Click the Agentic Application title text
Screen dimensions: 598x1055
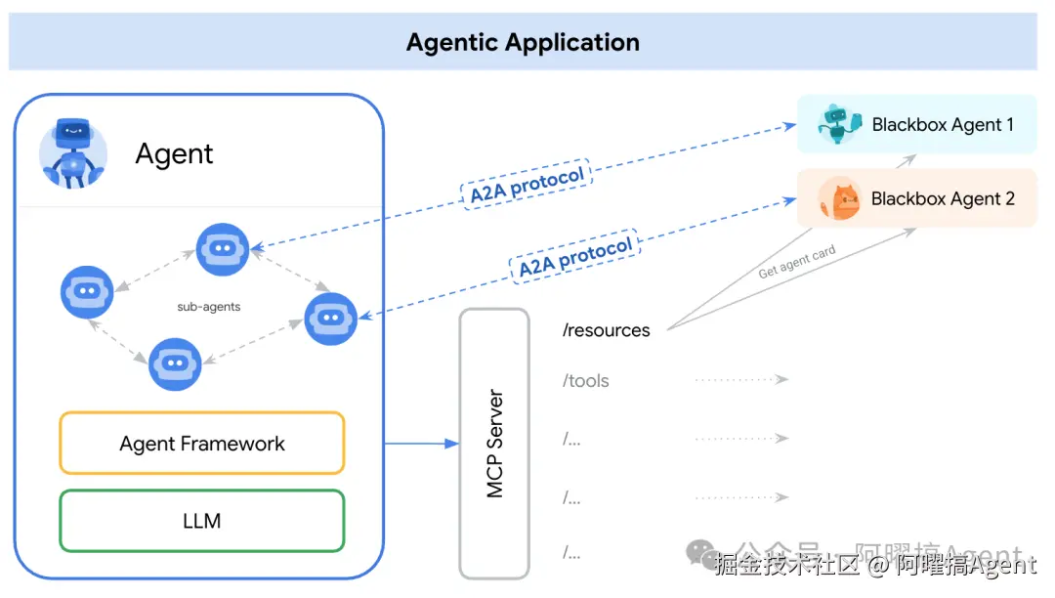[523, 43]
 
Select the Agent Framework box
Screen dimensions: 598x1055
[202, 444]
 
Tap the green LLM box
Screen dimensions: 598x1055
[202, 521]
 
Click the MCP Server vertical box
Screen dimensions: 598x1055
[494, 443]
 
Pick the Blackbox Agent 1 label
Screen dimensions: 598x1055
[943, 125]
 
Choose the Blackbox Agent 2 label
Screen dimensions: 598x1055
[943, 198]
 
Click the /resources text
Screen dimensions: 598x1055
[606, 330]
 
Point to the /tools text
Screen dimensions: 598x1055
[586, 381]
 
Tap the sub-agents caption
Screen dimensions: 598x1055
[209, 307]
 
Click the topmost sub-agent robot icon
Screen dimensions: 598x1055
[223, 249]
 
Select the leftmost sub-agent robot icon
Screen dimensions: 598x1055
[87, 291]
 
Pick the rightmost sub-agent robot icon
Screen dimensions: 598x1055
[330, 318]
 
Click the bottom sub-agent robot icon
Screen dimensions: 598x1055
[175, 363]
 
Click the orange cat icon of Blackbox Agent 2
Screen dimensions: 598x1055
[838, 199]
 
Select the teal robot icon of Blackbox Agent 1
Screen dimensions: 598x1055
[838, 124]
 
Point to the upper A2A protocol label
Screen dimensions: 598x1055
[527, 184]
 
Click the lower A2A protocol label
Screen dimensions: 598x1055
[575, 257]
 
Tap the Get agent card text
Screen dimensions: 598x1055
[797, 264]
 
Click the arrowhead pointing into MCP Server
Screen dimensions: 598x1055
[451, 444]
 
